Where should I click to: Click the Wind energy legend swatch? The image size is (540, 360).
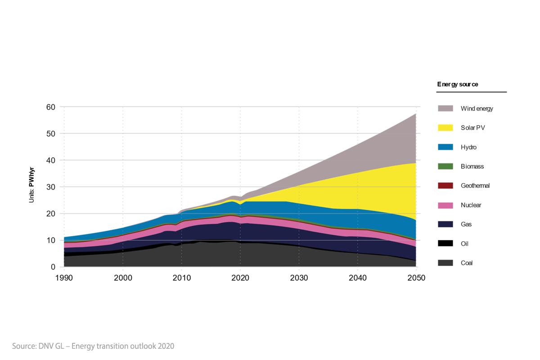pos(445,108)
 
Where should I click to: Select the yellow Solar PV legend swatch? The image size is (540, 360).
pos(445,128)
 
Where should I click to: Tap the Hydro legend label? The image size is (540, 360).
pos(468,147)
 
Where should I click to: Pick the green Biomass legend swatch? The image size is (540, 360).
pos(445,166)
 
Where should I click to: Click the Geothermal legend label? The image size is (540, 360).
pos(475,186)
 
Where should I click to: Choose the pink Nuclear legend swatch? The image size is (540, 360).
pos(445,205)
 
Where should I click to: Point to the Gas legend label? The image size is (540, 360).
pos(466,225)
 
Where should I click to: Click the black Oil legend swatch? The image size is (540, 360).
pos(445,243)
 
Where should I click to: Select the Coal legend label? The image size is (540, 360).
pos(467,263)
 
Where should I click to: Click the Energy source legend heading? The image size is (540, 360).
pos(457,84)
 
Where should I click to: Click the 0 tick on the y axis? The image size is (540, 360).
pos(52,267)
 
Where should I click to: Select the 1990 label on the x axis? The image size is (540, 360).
pos(64,278)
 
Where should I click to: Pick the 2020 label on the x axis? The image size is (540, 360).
pos(240,278)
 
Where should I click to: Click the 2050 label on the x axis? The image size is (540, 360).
pos(416,278)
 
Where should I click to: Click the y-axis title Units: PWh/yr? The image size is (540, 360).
pos(32,187)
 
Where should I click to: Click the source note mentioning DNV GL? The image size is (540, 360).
pos(93,346)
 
